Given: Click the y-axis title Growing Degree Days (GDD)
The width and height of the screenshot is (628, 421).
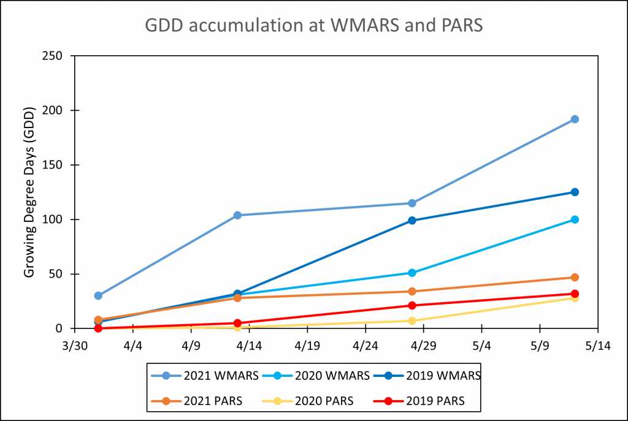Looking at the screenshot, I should coord(29,191).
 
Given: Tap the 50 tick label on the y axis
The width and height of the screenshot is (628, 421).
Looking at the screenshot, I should coord(60,274).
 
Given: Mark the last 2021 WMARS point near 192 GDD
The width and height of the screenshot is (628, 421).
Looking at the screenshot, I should coord(575,119).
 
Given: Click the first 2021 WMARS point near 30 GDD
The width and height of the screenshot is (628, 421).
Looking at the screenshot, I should coord(98,295).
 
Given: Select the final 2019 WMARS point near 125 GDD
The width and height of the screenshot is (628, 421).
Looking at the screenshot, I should coord(575,192).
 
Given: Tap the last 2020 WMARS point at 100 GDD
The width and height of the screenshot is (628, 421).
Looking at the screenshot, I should coord(575,219).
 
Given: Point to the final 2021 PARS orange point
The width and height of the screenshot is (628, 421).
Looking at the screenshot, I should coord(575,277).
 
